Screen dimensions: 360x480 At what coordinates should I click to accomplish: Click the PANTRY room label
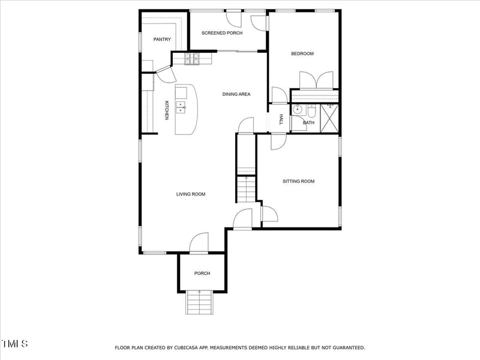[162, 40]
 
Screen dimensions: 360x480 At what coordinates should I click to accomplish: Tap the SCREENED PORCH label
[222, 33]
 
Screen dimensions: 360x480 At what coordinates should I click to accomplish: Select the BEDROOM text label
[302, 54]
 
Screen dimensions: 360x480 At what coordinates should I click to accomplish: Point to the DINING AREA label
[236, 94]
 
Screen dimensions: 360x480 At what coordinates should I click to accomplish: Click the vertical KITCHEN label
[167, 109]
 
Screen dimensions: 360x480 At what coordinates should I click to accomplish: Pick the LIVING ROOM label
[191, 194]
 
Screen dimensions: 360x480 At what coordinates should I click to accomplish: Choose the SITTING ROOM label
[299, 181]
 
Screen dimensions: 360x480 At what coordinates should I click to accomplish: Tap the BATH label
[308, 123]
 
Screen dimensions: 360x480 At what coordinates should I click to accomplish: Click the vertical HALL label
[281, 119]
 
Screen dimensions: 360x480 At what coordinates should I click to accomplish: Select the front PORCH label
[202, 274]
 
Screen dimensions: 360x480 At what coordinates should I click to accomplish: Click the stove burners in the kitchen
[193, 58]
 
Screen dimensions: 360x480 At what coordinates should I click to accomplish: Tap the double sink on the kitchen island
[181, 107]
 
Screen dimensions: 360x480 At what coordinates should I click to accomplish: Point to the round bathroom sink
[298, 110]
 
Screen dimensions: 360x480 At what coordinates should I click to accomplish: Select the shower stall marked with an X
[329, 116]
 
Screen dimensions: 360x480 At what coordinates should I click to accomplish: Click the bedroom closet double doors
[316, 80]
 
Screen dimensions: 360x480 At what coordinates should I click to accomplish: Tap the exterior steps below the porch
[200, 302]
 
